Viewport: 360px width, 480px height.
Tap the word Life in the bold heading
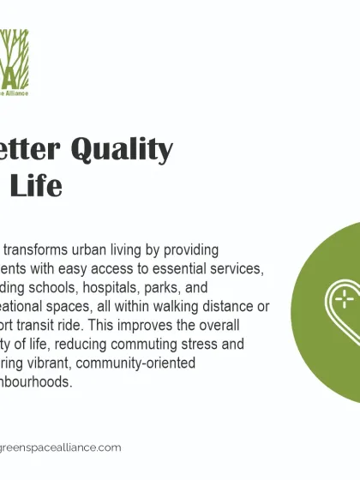click(39, 185)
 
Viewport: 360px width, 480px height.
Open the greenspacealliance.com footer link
click(60, 447)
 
